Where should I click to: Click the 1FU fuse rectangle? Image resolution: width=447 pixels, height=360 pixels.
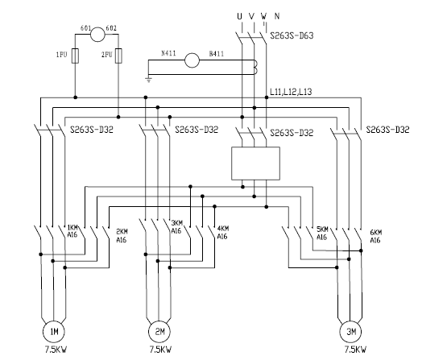pos(75,56)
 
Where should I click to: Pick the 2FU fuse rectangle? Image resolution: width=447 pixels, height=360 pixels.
pos(119,56)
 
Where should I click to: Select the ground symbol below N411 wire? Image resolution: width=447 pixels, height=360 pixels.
pos(148,79)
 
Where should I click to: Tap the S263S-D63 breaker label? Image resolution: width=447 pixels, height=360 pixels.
pos(292,35)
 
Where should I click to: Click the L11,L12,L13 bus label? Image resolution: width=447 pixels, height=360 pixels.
pos(291,92)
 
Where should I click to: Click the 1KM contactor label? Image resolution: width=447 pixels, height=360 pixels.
pos(72,228)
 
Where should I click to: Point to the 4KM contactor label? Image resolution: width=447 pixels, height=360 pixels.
pos(223,229)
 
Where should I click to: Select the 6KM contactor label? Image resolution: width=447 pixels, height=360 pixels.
pos(376,232)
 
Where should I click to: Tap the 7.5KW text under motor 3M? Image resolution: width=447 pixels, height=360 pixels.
pos(355,350)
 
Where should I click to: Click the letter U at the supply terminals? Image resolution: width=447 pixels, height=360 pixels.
pos(239,16)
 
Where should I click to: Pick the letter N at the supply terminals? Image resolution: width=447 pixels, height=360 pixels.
pos(277,16)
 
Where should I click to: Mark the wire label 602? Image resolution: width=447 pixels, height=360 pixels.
pos(111,28)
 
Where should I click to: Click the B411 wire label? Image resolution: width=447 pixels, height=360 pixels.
pos(217,54)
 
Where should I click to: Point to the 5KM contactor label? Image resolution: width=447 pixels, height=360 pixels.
pos(322,229)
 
